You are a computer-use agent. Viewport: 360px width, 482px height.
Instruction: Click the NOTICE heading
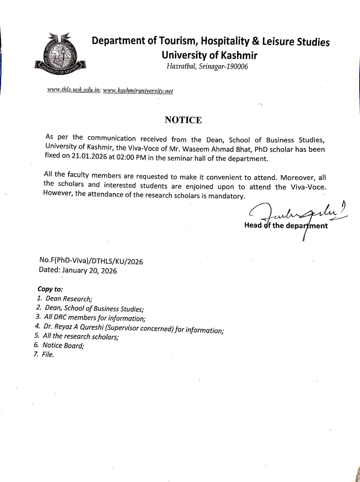[183, 120]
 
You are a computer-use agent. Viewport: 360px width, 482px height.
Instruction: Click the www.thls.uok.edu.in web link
[74, 90]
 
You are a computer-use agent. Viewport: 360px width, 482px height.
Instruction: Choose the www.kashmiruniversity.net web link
[138, 91]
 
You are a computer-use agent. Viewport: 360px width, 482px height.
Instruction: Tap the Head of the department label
[286, 226]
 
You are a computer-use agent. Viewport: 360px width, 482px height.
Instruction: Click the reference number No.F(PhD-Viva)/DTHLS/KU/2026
[91, 261]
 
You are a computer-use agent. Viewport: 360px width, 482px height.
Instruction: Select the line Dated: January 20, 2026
[78, 270]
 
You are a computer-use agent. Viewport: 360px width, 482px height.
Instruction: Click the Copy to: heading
[50, 289]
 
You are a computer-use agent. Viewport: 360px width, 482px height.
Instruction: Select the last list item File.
[48, 354]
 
